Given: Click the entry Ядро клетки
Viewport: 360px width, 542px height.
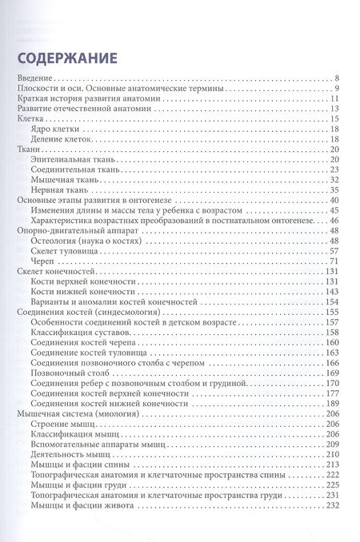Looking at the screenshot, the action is tap(53, 128).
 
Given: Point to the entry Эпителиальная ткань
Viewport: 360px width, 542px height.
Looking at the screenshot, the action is tap(67, 160).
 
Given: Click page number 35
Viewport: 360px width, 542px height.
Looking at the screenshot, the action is tap(336, 189).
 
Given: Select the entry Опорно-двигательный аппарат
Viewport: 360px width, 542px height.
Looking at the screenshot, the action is tap(66, 230).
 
